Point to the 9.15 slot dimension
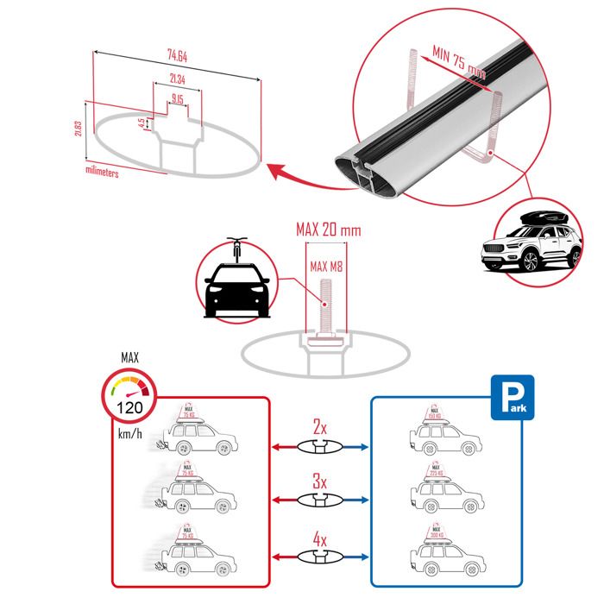[x=177, y=99]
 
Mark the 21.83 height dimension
[x=79, y=130]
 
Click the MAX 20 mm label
[x=328, y=230]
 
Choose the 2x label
[x=319, y=426]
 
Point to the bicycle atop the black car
[x=237, y=249]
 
